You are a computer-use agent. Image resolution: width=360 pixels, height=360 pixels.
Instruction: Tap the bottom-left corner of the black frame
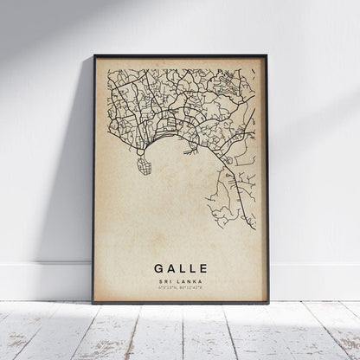click(93, 304)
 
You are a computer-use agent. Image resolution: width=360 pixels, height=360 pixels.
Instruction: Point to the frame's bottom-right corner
click(267, 304)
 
